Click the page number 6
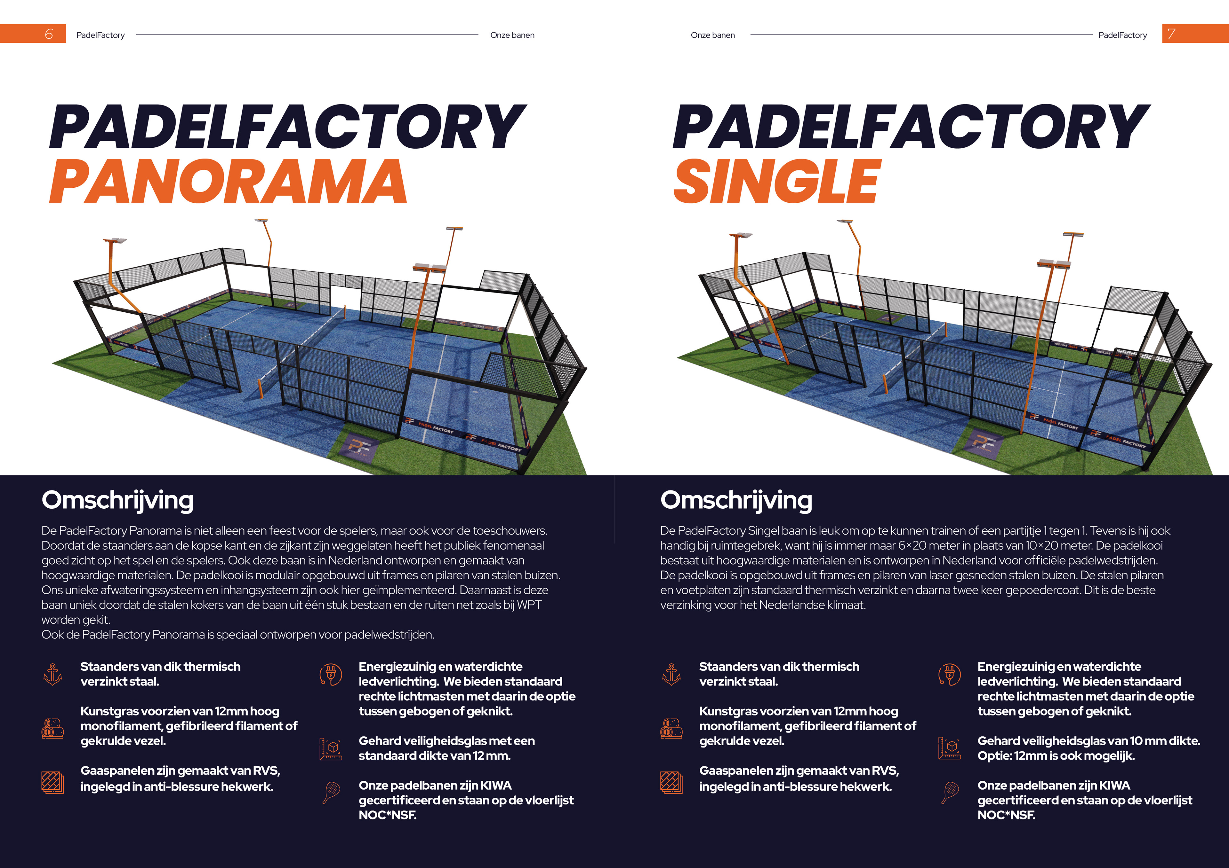pyautogui.click(x=49, y=34)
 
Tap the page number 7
pyautogui.click(x=1171, y=34)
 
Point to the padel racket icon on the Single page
pyautogui.click(x=950, y=793)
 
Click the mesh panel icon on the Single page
pyautogui.click(x=671, y=782)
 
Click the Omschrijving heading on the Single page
pyautogui.click(x=736, y=500)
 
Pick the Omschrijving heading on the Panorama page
pyautogui.click(x=118, y=500)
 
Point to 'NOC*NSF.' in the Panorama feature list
pyautogui.click(x=388, y=815)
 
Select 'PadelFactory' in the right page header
pyautogui.click(x=1122, y=35)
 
